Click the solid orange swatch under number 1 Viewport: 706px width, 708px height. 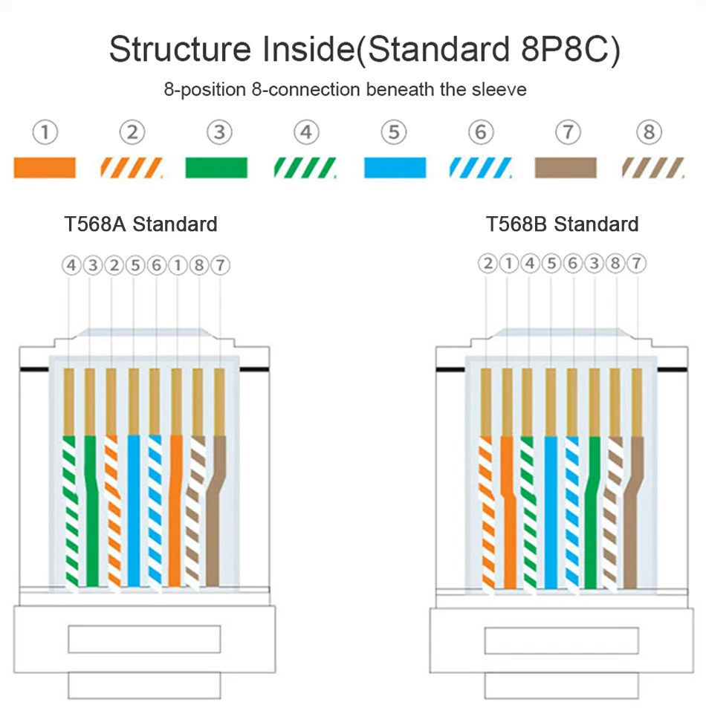point(45,168)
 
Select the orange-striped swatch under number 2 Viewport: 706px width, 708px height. point(132,168)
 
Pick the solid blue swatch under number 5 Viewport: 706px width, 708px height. point(395,168)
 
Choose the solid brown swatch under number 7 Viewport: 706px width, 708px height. point(566,168)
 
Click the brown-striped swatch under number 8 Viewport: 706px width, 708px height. point(652,168)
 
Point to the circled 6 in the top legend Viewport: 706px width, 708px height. point(481,133)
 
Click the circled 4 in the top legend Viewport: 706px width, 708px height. point(306,133)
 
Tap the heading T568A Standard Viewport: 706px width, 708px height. point(141,224)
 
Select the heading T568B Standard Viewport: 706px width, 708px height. point(563,224)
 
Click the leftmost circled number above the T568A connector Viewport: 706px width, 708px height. point(71,265)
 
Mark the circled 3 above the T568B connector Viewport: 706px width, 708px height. point(595,263)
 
